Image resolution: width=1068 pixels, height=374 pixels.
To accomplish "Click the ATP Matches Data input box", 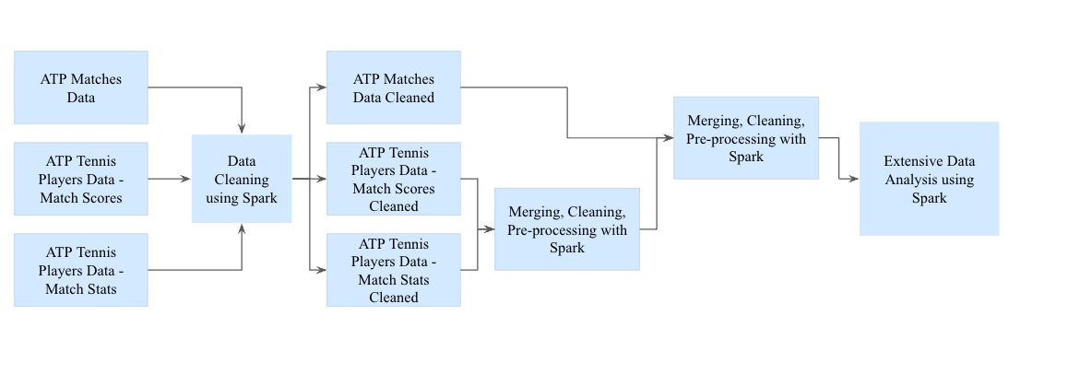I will point(80,88).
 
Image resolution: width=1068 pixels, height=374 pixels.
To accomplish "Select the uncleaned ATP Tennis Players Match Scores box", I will point(80,178).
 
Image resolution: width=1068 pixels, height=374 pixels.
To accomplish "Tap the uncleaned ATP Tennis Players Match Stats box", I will point(80,270).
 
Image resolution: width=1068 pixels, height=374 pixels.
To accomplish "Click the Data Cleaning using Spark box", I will point(242,179).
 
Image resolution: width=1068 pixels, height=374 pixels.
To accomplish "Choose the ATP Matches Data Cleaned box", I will point(394,88).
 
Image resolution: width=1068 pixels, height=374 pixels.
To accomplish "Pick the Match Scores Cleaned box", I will point(394,179).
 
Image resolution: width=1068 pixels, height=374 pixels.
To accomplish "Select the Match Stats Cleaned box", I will point(394,270).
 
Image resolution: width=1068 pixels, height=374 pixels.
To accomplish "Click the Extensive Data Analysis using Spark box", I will point(929,179).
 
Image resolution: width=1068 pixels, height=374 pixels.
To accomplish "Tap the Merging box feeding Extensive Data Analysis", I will point(745,138).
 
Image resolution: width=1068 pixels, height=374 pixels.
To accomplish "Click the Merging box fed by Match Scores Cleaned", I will point(566,228).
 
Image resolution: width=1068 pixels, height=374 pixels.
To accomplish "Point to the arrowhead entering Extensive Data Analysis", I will point(854,179).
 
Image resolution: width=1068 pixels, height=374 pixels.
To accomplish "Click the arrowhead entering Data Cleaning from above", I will point(242,129).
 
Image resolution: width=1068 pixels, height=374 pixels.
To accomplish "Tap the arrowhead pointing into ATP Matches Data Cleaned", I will point(322,88).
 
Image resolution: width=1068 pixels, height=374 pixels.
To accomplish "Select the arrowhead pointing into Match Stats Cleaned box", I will point(322,270).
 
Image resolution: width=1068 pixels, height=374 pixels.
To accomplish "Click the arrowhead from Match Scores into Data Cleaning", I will point(186,179).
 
